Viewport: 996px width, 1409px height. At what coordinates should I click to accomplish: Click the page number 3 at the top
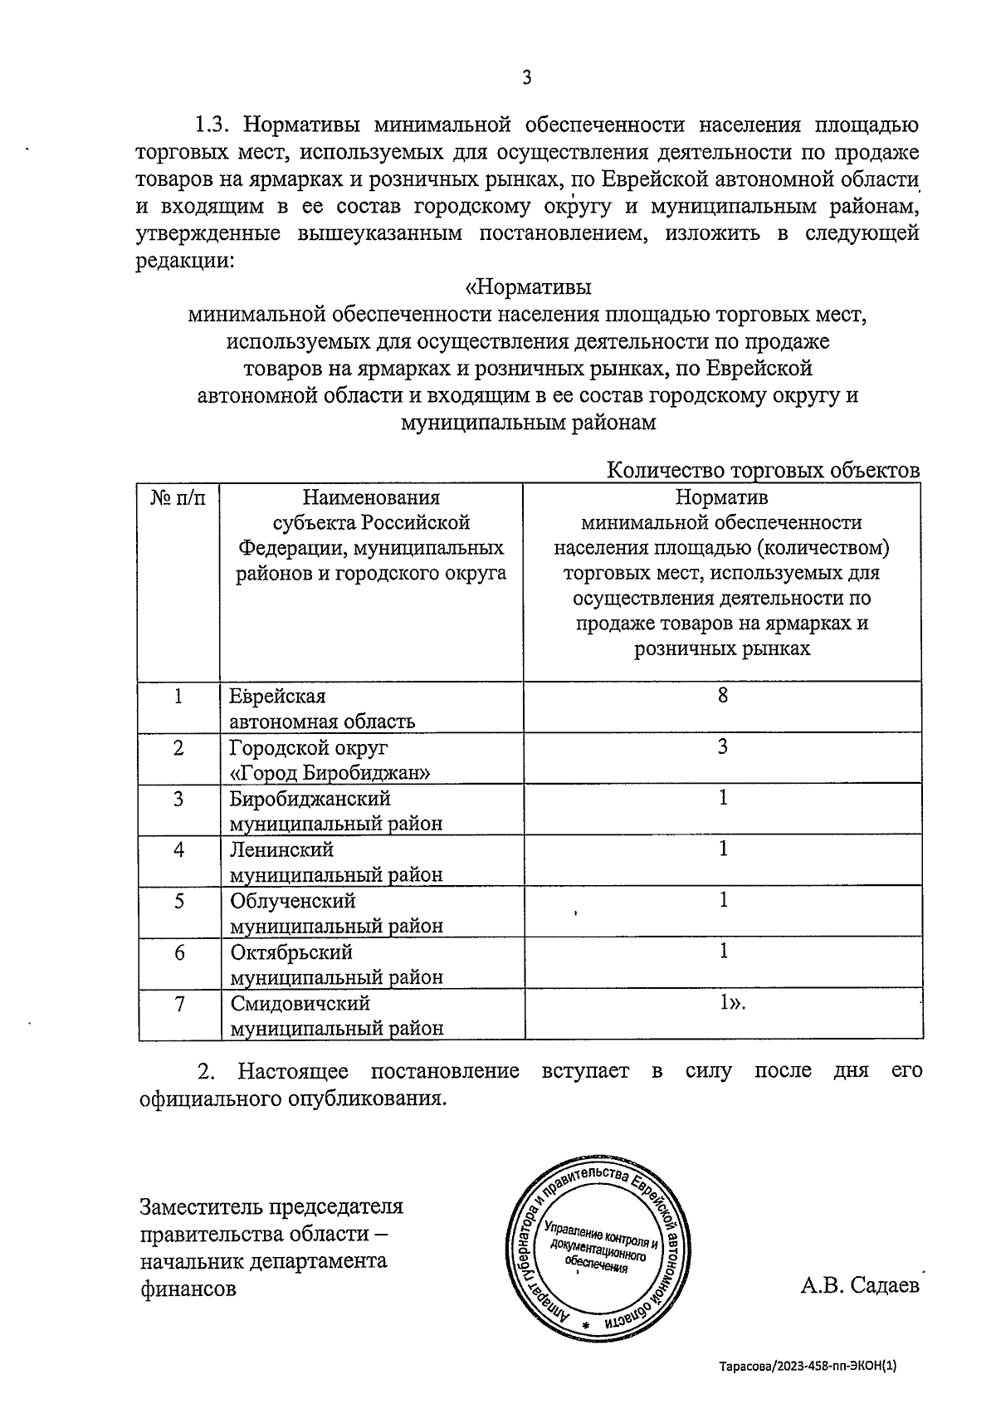pyautogui.click(x=526, y=78)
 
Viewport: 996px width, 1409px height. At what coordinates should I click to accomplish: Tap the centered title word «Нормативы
pyautogui.click(x=528, y=288)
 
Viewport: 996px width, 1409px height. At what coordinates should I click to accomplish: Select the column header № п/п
pyautogui.click(x=178, y=498)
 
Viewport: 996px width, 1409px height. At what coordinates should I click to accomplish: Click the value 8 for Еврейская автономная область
pyautogui.click(x=723, y=696)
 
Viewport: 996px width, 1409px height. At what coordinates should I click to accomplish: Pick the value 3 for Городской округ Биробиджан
pyautogui.click(x=723, y=746)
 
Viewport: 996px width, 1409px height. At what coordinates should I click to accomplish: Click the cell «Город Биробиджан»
pyautogui.click(x=330, y=773)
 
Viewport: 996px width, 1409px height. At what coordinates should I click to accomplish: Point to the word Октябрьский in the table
pyautogui.click(x=291, y=952)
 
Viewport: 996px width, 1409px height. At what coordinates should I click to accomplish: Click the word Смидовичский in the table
pyautogui.click(x=300, y=1004)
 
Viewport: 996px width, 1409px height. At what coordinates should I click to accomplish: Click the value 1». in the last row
pyautogui.click(x=732, y=1003)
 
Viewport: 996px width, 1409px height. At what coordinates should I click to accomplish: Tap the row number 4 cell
pyautogui.click(x=178, y=850)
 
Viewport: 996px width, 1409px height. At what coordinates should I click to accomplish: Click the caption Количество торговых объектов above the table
pyautogui.click(x=764, y=471)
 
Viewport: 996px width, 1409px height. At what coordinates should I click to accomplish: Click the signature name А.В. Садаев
pyautogui.click(x=860, y=1286)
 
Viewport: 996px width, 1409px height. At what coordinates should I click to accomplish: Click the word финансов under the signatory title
pyautogui.click(x=188, y=1289)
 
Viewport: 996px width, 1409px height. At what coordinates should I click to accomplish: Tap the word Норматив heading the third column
pyautogui.click(x=721, y=498)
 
